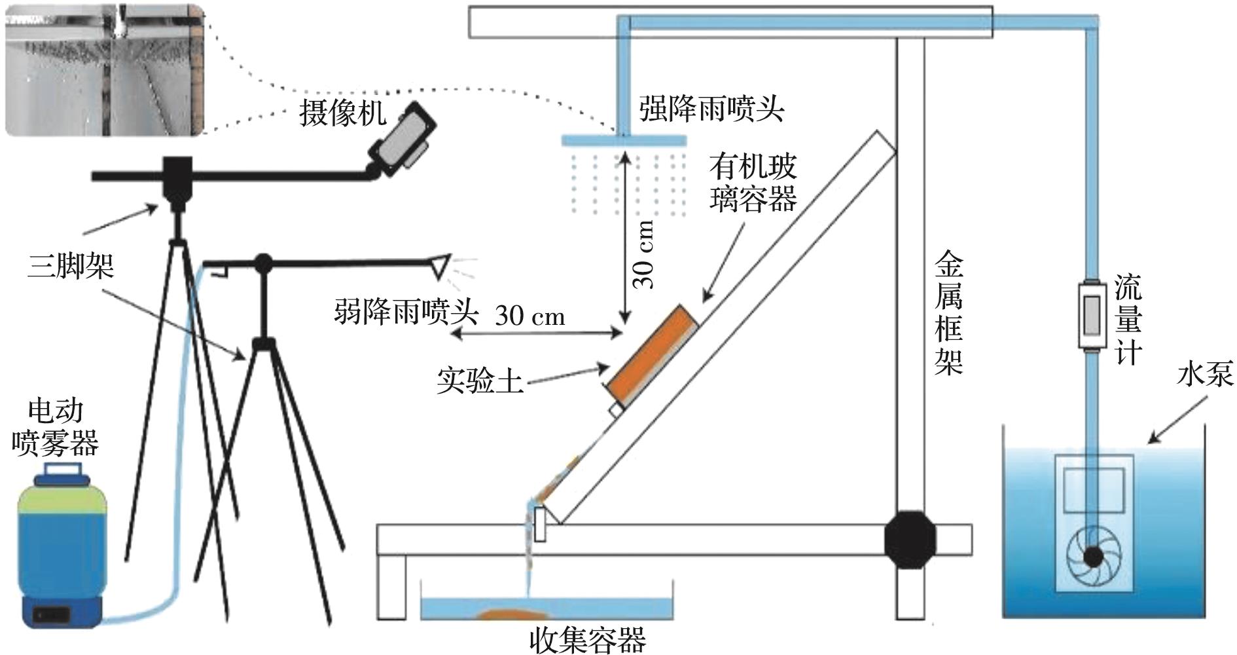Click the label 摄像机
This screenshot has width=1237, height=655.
pyautogui.click(x=343, y=113)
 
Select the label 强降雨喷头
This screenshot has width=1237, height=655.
pyautogui.click(x=711, y=108)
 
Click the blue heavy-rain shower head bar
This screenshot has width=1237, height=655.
pyautogui.click(x=624, y=141)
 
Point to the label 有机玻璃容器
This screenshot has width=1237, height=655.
pyautogui.click(x=753, y=183)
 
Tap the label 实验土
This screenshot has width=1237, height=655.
pyautogui.click(x=480, y=381)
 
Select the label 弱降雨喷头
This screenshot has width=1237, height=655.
pyautogui.click(x=406, y=312)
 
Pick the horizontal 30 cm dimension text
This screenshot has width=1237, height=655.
pyautogui.click(x=529, y=316)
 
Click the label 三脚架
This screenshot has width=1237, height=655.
pyautogui.click(x=71, y=266)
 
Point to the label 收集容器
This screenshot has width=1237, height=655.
pyautogui.click(x=587, y=640)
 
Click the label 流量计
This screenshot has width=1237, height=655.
pyautogui.click(x=1129, y=320)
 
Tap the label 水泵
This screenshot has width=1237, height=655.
pyautogui.click(x=1204, y=374)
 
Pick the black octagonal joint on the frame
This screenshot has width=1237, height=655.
pyautogui.click(x=910, y=540)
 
